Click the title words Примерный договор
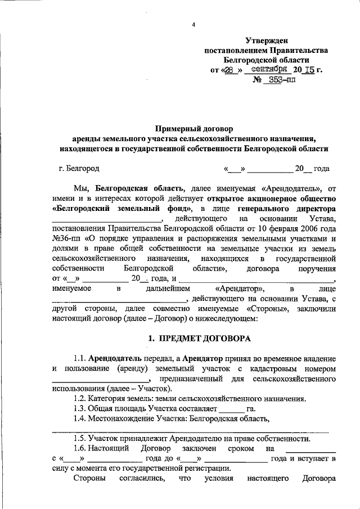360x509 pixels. click(x=193, y=128)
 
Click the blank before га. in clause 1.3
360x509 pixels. click(x=231, y=409)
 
